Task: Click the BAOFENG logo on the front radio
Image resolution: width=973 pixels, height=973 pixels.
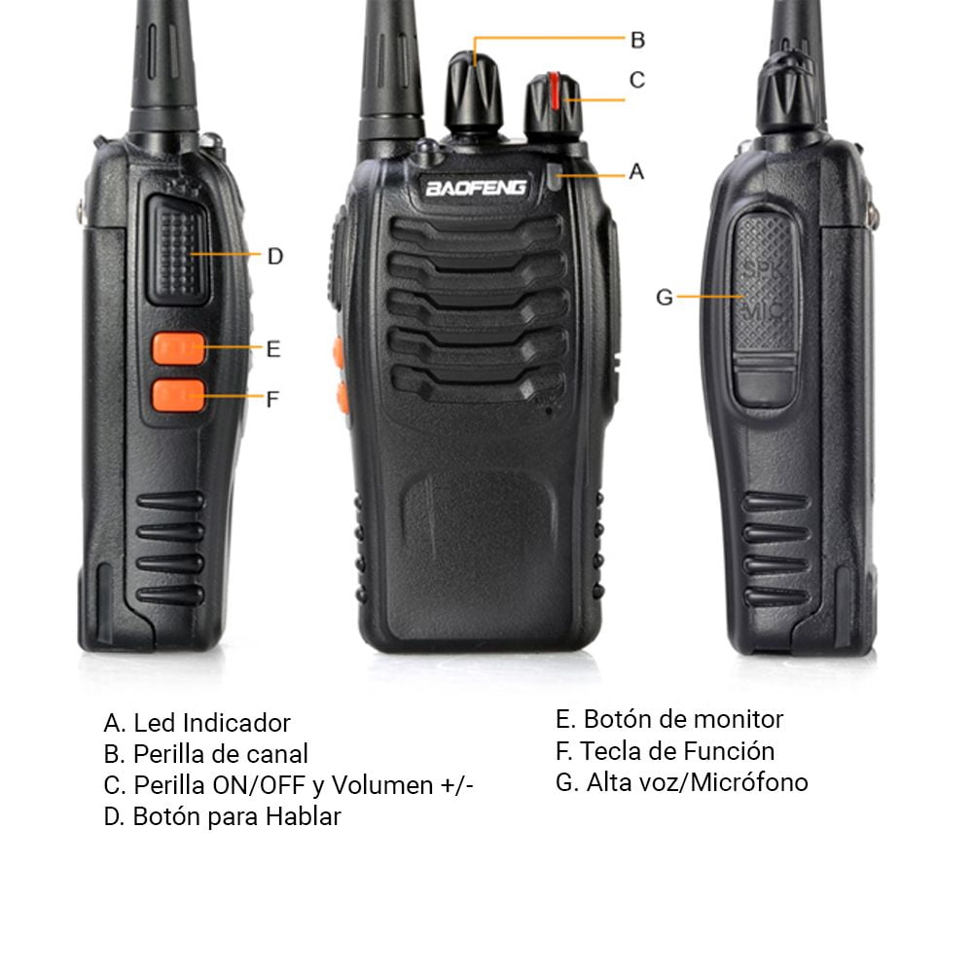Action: click(476, 188)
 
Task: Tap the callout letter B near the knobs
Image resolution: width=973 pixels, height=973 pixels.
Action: click(637, 40)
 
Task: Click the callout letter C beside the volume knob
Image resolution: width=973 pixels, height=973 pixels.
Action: click(637, 80)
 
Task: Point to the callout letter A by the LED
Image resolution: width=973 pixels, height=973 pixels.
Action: click(636, 171)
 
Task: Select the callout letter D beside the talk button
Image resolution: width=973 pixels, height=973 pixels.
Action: click(275, 256)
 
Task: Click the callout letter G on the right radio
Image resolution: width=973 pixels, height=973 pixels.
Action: click(665, 297)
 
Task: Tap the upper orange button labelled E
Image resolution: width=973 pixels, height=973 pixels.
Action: click(179, 348)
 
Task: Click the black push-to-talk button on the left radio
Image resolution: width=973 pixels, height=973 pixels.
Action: click(178, 251)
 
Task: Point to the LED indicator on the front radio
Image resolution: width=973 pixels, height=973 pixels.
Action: click(556, 176)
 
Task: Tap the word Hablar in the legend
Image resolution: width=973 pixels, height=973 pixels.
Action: click(303, 816)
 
